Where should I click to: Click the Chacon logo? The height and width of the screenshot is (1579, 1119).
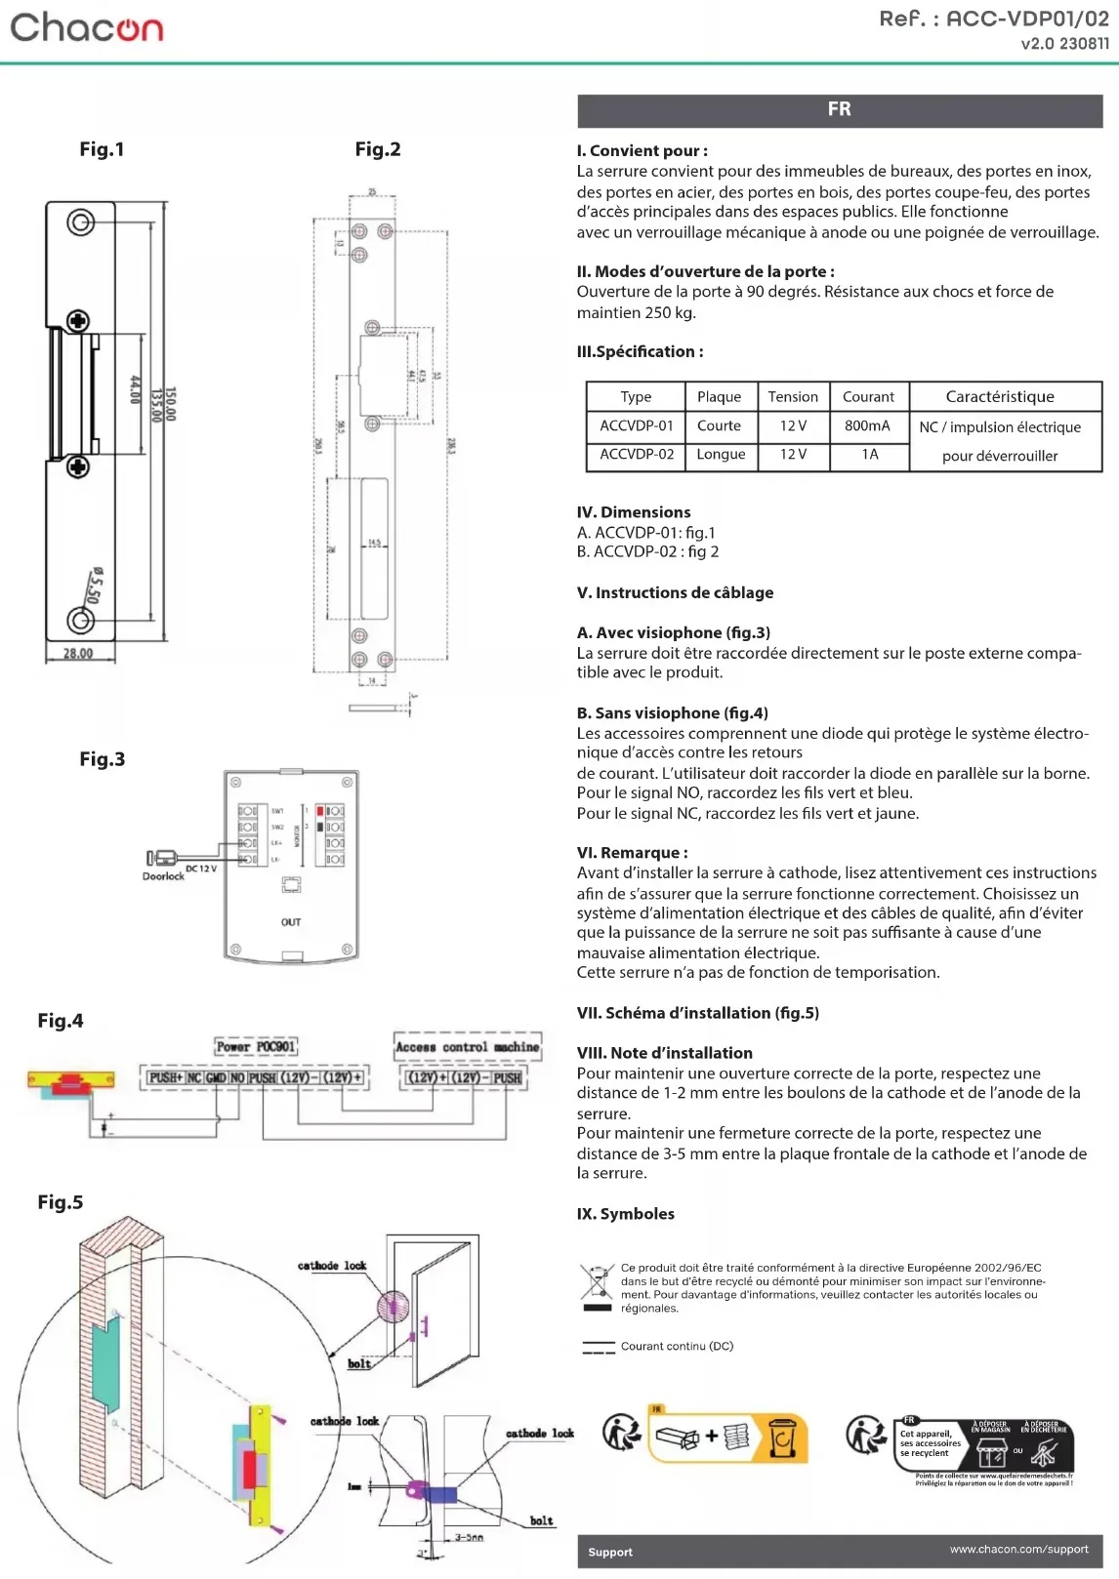point(87,27)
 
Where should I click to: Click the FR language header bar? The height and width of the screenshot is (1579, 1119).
point(840,110)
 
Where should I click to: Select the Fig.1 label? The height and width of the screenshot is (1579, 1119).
point(102,149)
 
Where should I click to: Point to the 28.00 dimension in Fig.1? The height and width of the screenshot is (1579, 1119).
point(78,653)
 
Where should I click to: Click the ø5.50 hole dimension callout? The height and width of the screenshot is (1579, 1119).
point(94,586)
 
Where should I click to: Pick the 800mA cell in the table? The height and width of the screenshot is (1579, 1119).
point(867,425)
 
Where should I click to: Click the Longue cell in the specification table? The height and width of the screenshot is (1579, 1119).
point(721,455)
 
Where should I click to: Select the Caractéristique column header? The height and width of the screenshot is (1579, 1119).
point(1000,396)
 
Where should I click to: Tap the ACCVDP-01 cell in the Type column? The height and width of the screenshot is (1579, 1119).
point(637,425)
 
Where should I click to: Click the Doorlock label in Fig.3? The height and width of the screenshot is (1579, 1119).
point(163,876)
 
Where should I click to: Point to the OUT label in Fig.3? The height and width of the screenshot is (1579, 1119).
point(291,922)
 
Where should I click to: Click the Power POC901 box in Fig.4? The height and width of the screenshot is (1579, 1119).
point(256,1047)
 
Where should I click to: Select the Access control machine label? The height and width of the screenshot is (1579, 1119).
point(467,1047)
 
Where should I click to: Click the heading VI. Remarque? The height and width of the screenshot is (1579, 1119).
point(633,853)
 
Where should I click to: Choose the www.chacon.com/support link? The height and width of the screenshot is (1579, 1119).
point(1018,1549)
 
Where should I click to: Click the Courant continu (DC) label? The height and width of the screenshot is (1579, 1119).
point(677,1346)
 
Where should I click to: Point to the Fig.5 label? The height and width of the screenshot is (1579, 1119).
point(61,1202)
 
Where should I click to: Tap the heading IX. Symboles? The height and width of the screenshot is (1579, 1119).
point(626,1214)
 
